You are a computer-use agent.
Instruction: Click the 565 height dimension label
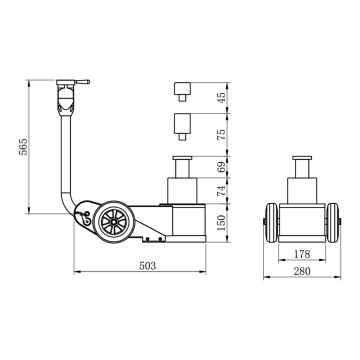click(23, 146)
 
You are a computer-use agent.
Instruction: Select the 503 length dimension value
click(147, 266)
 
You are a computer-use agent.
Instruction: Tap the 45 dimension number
click(221, 98)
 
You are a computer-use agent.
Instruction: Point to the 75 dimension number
click(221, 135)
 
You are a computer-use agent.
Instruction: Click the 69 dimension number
click(221, 167)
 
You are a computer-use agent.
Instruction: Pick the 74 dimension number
click(221, 191)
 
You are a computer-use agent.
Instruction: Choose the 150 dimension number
click(221, 223)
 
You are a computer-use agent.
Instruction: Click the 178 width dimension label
click(302, 254)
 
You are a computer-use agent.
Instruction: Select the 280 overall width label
click(302, 271)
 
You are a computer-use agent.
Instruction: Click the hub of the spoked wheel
click(113, 222)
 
